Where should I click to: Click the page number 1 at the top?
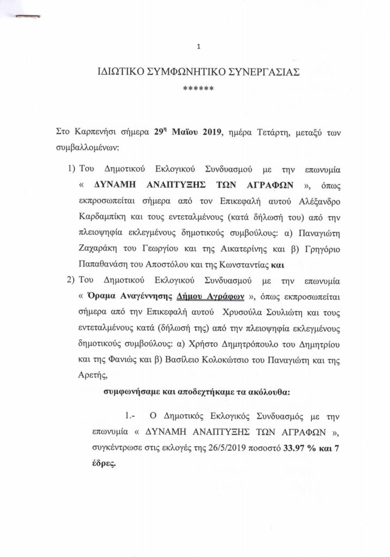199,47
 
